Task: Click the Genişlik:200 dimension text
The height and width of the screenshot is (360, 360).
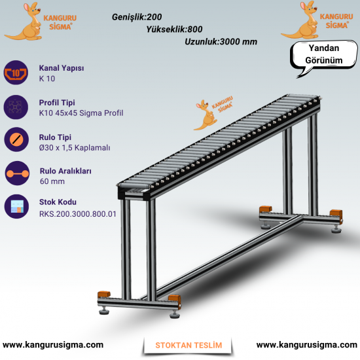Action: (x=137, y=17)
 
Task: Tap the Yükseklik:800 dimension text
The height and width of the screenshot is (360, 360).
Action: (x=174, y=29)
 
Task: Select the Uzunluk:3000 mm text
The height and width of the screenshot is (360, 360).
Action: (x=221, y=42)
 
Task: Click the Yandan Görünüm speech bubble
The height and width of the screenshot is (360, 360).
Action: (x=324, y=54)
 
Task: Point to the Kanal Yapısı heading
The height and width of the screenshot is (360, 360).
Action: (x=62, y=68)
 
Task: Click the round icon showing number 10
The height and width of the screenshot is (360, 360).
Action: (x=16, y=73)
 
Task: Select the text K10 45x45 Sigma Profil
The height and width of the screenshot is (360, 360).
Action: (x=81, y=113)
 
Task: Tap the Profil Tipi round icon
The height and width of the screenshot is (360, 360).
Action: (x=16, y=107)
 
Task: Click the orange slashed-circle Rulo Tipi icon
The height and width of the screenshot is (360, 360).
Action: (x=16, y=139)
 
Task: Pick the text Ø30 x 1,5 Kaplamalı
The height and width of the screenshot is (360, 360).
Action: (x=75, y=148)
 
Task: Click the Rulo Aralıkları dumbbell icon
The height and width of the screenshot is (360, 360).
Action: (x=17, y=173)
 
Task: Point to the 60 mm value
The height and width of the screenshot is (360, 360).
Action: (x=52, y=181)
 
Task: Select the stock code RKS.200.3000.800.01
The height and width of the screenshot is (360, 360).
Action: (x=78, y=214)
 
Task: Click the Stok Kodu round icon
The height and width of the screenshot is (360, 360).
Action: (x=16, y=206)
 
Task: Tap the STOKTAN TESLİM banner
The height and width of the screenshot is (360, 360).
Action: (x=189, y=346)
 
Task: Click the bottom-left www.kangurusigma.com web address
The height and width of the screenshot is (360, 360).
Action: (x=53, y=345)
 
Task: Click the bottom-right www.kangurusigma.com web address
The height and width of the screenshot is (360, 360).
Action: (x=307, y=345)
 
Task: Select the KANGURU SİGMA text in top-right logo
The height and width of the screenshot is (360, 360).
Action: (x=336, y=21)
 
